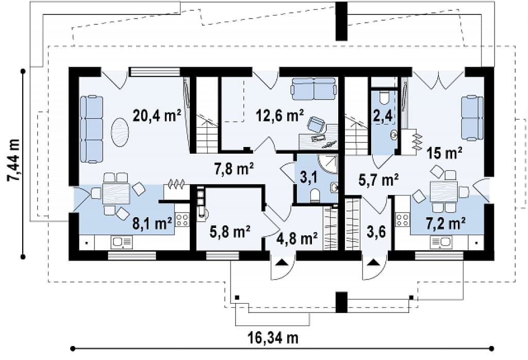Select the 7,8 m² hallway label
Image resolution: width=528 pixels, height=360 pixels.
234,169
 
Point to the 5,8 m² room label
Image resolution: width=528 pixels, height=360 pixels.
230,232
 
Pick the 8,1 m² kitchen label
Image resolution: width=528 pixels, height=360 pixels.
152,224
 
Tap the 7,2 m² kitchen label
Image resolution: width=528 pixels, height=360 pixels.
446,224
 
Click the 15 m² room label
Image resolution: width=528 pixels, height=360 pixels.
444,153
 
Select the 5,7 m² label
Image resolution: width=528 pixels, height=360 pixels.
378,180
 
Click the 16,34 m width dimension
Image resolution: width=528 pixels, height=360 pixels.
273,337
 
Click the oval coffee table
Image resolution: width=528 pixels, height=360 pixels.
120,132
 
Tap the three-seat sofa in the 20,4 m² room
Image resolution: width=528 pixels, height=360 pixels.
91,129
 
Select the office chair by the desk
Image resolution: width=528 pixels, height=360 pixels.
316,124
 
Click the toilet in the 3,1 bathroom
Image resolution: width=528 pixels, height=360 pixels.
316,195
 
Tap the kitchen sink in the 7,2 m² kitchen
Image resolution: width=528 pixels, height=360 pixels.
441,242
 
